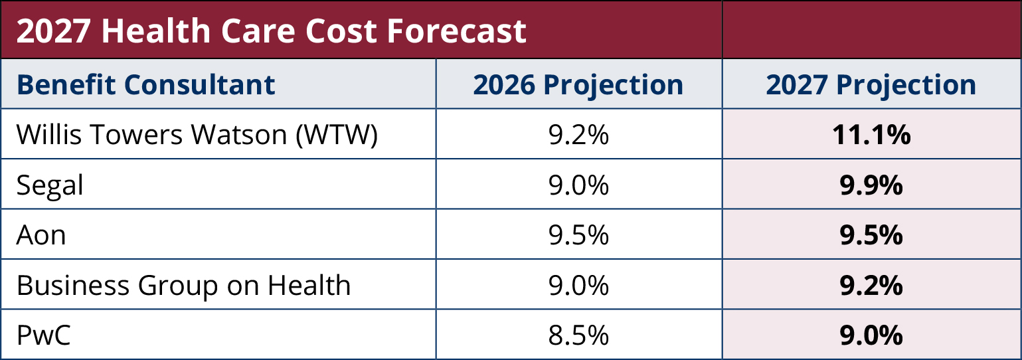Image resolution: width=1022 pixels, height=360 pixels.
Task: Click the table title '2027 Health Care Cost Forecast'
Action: tap(272, 31)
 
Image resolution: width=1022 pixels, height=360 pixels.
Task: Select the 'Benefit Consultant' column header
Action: tap(145, 85)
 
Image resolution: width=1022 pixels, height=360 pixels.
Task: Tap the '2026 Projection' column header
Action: tap(578, 85)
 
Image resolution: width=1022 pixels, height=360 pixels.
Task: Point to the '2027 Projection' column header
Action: tap(871, 85)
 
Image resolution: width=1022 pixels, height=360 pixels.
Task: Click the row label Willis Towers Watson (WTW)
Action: tap(197, 135)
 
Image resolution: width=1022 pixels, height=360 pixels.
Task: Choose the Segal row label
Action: tap(50, 186)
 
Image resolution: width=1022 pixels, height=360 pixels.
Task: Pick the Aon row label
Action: tap(41, 235)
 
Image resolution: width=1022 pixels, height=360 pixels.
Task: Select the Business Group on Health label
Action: tap(183, 286)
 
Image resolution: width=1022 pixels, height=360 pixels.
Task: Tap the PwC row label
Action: tap(43, 336)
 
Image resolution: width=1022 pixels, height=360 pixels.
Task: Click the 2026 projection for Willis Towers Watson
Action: tap(578, 135)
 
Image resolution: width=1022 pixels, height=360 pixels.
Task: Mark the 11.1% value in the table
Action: tap(871, 135)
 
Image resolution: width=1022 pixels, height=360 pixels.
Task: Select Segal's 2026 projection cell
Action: tap(578, 185)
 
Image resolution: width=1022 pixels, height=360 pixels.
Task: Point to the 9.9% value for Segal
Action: tap(871, 185)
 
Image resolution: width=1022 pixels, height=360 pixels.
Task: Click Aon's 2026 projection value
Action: tap(578, 235)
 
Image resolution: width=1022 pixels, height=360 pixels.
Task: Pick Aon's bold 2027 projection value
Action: tap(871, 235)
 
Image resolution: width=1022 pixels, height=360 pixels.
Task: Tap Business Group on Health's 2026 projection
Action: tap(578, 286)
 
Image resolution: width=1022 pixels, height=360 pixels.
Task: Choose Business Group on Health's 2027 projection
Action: tap(871, 286)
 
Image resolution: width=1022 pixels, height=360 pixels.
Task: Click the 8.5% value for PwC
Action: tap(578, 336)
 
